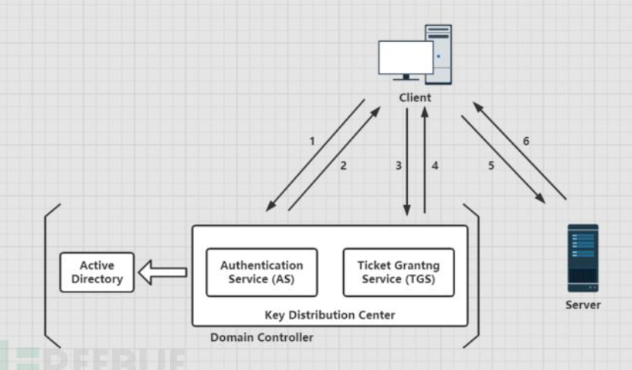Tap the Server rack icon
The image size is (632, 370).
[582, 258]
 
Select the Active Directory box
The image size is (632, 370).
[97, 273]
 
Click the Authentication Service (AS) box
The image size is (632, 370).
[261, 272]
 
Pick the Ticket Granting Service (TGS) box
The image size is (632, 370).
[399, 272]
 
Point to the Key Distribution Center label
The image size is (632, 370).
[329, 314]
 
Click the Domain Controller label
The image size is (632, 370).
[261, 337]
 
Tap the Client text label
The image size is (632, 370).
[415, 97]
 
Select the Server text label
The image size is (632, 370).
[582, 305]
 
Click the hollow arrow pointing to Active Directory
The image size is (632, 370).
[162, 272]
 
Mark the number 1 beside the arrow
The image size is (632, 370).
[312, 141]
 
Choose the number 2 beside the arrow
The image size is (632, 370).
[343, 166]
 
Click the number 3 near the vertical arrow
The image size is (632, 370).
[397, 166]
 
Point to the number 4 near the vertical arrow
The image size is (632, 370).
[435, 166]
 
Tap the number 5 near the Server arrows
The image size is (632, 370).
[491, 166]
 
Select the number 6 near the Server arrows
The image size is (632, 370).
[526, 141]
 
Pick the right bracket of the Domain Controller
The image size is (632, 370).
[476, 274]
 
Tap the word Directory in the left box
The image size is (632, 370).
[97, 279]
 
